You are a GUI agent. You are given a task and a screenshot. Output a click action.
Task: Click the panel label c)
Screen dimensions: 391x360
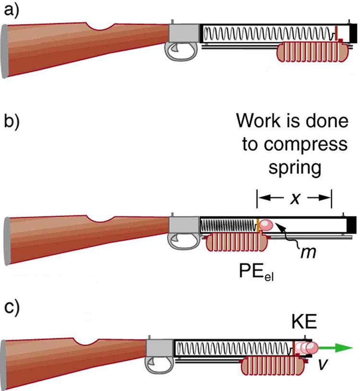11,308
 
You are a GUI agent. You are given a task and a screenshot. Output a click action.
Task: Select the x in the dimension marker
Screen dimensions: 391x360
295,197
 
